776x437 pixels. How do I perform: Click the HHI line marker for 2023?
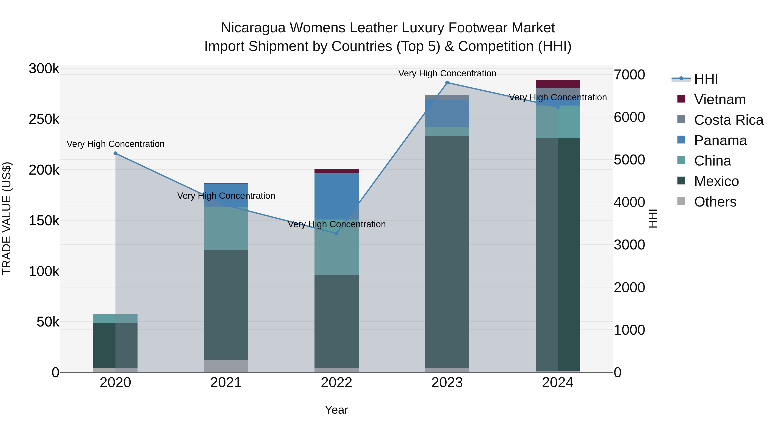point(447,83)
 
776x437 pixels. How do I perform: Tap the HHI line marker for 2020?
point(115,153)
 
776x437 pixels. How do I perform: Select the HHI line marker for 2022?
point(337,233)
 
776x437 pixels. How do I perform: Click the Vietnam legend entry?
point(720,99)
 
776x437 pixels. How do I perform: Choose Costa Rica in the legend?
point(728,120)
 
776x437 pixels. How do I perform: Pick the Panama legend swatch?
point(681,140)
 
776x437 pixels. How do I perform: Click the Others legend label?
point(715,202)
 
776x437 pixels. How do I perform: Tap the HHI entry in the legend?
point(706,79)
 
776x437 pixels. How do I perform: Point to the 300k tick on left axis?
point(44,69)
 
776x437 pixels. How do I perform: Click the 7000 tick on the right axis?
point(629,75)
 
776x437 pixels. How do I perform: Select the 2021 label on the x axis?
point(226,383)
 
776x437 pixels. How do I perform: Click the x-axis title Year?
point(336,410)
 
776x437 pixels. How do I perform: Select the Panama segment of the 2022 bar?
point(336,196)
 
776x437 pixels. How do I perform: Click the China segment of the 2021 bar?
point(226,228)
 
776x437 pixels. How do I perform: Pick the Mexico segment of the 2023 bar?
point(447,252)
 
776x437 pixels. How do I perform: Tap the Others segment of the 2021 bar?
point(226,366)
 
